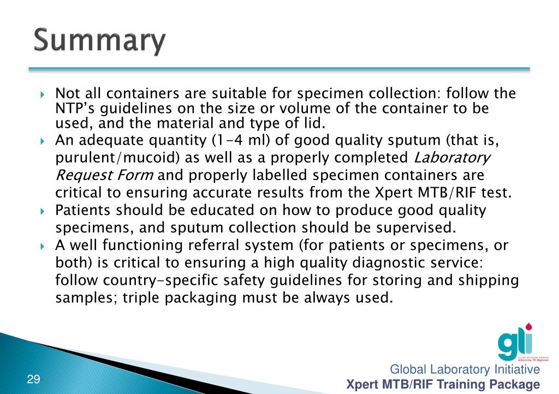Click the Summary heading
point(99,41)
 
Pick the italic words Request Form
point(105,176)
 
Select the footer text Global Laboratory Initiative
point(465,370)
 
